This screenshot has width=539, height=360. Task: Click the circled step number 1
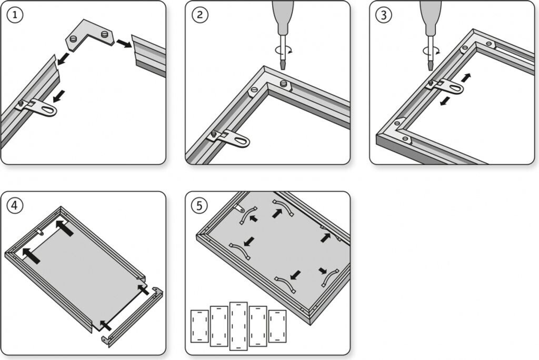[x=14, y=15]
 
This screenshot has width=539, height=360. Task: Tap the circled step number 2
[x=199, y=15]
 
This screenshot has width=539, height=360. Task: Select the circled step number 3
[x=384, y=15]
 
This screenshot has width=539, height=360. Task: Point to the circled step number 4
[x=14, y=206]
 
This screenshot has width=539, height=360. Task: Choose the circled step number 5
[x=199, y=206]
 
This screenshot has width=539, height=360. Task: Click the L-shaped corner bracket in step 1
[x=90, y=34]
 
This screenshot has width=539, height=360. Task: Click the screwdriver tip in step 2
[x=283, y=65]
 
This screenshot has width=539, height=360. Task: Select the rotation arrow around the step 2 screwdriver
[x=283, y=51]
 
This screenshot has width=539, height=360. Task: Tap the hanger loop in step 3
[x=446, y=86]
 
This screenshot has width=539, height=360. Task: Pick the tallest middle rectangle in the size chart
[x=238, y=326]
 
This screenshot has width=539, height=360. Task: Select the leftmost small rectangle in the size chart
[x=199, y=326]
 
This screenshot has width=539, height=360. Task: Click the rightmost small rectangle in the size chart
[x=277, y=326]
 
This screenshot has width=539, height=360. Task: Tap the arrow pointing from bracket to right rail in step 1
[x=123, y=44]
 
